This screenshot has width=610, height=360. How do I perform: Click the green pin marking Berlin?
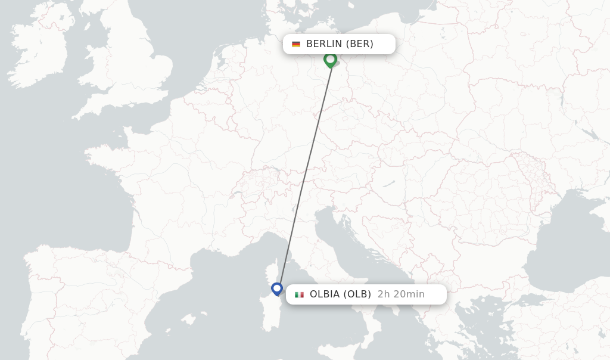pyautogui.click(x=330, y=60)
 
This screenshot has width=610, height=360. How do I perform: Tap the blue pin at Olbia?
pyautogui.click(x=277, y=289)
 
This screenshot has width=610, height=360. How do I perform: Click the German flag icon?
pyautogui.click(x=296, y=44)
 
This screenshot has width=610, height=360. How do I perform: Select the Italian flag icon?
pyautogui.click(x=299, y=294)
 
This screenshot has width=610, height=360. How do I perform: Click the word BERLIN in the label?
pyautogui.click(x=324, y=44)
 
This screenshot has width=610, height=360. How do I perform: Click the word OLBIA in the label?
pyautogui.click(x=325, y=294)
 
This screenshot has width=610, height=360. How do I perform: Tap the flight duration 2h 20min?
pyautogui.click(x=401, y=294)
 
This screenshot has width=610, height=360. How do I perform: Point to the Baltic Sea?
pyautogui.click(x=381, y=12)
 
